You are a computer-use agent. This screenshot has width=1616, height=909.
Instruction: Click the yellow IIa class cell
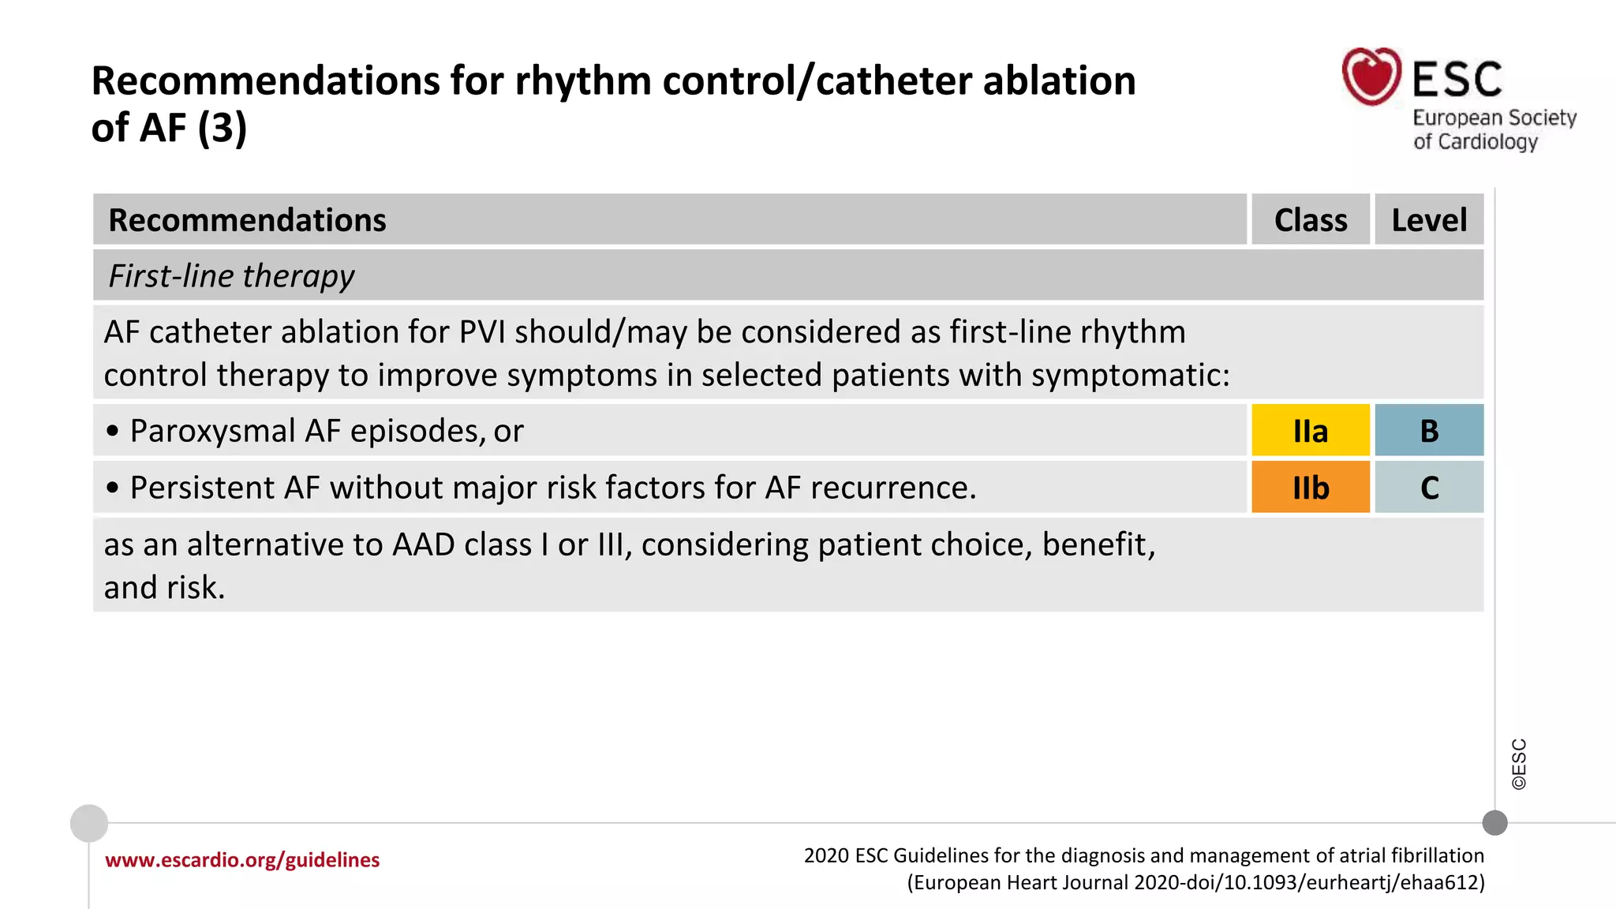1310,431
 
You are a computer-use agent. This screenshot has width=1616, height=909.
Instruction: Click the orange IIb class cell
1310,488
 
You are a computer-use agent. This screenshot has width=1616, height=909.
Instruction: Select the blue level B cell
1429,431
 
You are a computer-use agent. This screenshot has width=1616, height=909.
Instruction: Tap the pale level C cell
1429,488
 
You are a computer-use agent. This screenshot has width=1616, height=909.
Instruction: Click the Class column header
1310,220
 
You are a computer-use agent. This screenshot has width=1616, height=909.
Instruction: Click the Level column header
1429,220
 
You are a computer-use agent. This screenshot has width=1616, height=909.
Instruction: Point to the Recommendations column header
247,220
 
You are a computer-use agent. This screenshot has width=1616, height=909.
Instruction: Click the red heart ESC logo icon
1371,77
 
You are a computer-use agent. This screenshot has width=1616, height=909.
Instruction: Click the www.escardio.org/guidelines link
242,860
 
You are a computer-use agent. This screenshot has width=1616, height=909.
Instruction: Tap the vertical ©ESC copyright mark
1519,764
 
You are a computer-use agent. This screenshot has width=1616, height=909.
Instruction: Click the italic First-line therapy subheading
231,276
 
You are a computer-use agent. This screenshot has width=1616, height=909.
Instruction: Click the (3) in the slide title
222,128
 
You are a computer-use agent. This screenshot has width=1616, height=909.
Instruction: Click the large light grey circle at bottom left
89,823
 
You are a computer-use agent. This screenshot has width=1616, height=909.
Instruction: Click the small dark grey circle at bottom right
1494,823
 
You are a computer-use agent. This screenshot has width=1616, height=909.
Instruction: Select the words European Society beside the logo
1494,118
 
